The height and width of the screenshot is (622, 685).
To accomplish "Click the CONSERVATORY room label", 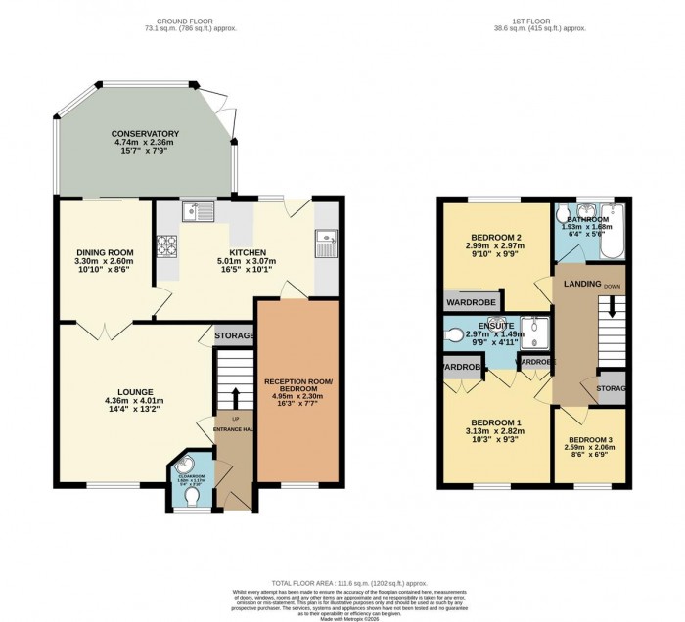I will (145, 133).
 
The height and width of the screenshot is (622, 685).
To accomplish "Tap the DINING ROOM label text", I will (105, 253).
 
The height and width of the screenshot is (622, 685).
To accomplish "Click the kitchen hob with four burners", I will (167, 245).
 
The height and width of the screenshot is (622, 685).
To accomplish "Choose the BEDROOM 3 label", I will (590, 439).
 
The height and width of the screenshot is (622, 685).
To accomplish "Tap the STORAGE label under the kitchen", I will (234, 335).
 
